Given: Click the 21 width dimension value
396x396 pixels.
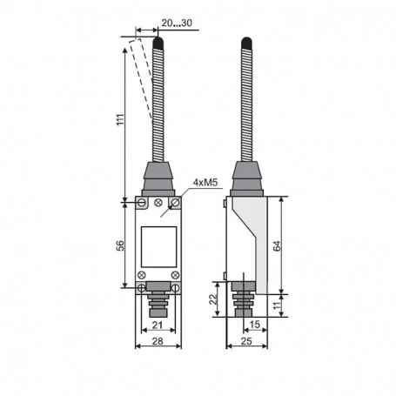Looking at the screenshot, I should [158, 325].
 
